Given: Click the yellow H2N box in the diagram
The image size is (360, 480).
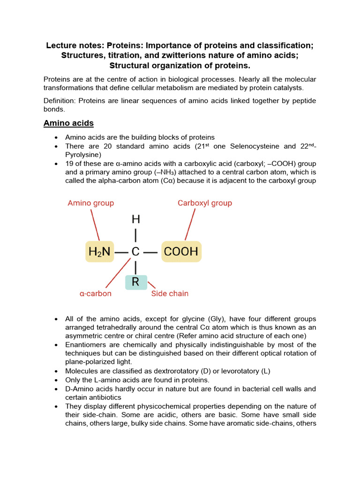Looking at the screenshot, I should [99, 252].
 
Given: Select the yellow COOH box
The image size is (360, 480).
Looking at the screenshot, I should [181, 252].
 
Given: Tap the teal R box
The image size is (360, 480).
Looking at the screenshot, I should [136, 282].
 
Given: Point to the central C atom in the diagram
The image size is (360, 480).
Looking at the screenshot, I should [135, 252].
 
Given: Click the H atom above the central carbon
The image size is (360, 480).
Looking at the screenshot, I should [135, 219].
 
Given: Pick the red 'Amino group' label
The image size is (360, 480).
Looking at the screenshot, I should [90, 203].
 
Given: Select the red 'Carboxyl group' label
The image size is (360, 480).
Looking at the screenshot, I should [204, 203].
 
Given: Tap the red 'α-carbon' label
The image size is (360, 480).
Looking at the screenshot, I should [96, 293].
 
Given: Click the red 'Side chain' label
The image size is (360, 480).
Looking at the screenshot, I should [170, 293].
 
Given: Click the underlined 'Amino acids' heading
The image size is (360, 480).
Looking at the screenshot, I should [68, 123].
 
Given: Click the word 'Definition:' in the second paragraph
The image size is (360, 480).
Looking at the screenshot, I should [60, 101].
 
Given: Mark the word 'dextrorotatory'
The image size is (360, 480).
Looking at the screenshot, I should [179, 371].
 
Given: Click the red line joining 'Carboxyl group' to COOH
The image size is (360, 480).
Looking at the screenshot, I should [190, 225].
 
